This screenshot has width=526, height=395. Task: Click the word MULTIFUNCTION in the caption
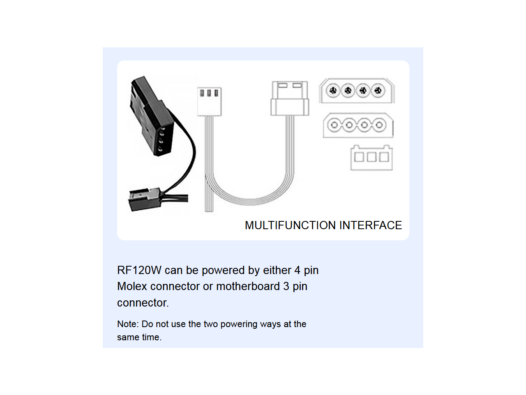(290, 225)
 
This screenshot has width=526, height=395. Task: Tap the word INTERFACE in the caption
(371, 225)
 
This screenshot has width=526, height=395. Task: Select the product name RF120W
(139, 270)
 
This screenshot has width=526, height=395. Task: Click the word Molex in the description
(132, 286)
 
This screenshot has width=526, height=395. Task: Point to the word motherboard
(248, 286)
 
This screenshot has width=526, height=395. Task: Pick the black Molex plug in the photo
(151, 117)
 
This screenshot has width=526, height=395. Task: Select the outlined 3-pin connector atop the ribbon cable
(210, 102)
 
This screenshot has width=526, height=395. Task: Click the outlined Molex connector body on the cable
(290, 98)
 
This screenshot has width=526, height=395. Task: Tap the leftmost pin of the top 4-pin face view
(333, 91)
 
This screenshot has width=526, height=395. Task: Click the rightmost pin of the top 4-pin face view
(378, 91)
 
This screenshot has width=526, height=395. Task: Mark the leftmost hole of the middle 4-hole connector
(334, 125)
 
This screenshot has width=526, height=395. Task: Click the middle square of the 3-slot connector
(371, 157)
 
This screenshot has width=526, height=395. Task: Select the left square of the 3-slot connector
(359, 157)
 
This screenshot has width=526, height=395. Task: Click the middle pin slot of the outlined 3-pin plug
(209, 93)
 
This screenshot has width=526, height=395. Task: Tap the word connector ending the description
(143, 303)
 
